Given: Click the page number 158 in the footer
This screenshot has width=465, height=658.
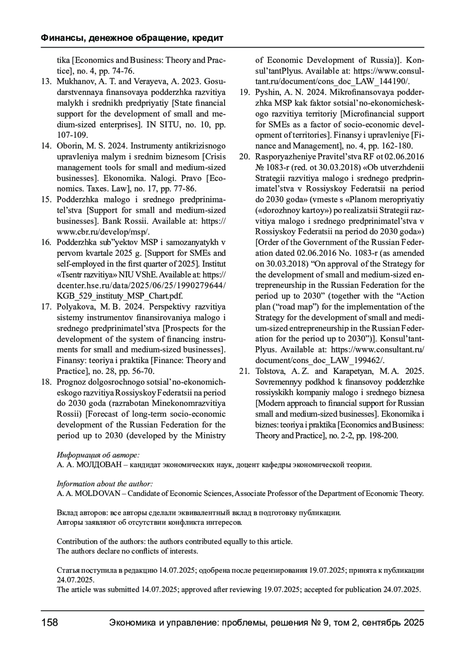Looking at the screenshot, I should (50, 623).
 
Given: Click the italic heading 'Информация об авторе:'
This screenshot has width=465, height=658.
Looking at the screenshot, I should (98, 455).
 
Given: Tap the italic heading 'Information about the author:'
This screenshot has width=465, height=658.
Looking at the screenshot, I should (105, 484).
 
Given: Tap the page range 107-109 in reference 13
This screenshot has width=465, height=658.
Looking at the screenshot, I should (72, 135).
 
